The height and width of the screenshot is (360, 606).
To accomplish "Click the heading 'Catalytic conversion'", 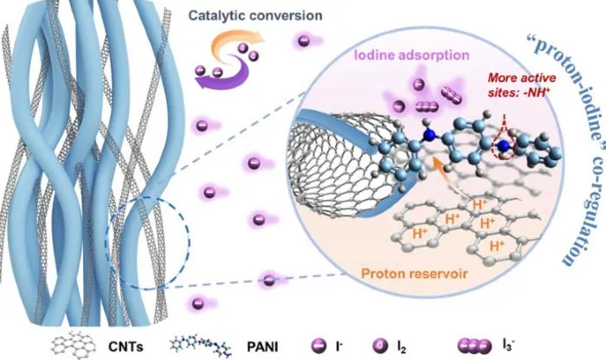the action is coord(255,16).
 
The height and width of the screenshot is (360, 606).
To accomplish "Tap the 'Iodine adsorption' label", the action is coord(411,55).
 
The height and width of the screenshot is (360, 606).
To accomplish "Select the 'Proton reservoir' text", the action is coord(415,273).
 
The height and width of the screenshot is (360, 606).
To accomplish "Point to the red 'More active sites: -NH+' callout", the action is coord(521,85).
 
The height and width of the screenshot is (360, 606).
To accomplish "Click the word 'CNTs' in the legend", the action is coord(126,346).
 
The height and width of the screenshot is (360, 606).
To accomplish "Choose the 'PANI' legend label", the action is coord(262,346).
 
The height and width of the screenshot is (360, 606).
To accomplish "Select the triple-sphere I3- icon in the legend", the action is coord(474,346).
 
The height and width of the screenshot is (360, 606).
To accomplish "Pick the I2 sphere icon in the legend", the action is coord(380,345).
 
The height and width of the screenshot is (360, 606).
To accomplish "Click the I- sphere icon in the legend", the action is coord(319,345).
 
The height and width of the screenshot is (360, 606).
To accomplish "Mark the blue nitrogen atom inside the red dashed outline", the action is coord(503,145).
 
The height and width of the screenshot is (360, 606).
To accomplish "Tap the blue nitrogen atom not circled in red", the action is coord(429,135).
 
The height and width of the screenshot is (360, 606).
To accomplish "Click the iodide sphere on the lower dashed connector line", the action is coord(269,280).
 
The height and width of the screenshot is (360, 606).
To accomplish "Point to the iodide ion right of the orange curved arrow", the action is coord(303,41).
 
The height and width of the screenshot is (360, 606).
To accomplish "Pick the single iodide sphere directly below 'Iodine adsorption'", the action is coord(419,84).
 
